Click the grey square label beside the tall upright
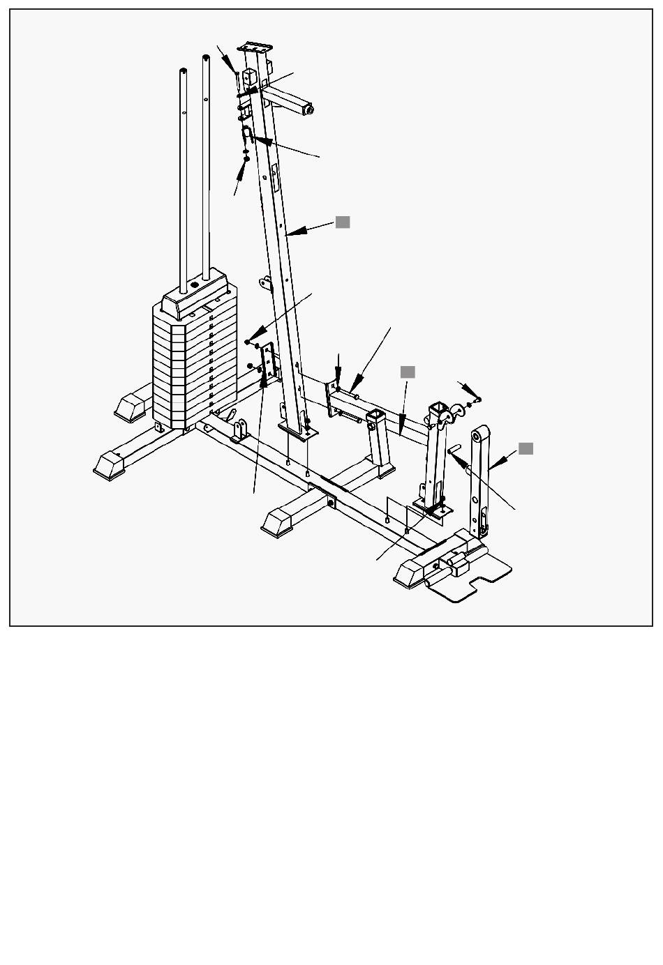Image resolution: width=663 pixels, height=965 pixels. pos(343,222)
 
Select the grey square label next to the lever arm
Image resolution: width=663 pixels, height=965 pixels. pos(526,448)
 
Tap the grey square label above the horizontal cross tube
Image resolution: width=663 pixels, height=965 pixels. pos(408,372)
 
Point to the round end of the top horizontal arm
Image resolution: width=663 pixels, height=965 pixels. pos(309,109)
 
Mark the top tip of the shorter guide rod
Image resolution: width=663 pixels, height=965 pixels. pos(183,70)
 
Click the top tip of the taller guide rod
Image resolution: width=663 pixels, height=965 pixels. pos(207,59)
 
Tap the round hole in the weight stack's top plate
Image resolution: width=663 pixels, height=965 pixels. pos(194,284)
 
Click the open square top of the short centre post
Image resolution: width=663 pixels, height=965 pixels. pos(375,416)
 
